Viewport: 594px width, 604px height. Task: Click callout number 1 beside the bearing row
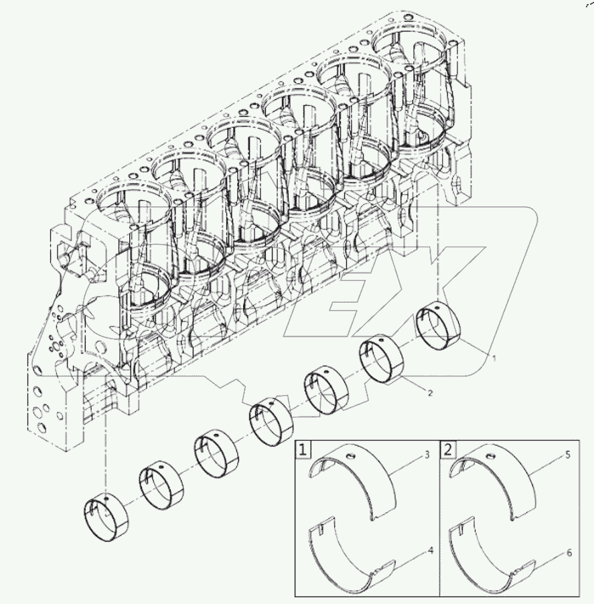click(x=494, y=359)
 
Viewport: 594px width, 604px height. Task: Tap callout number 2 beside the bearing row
click(x=430, y=394)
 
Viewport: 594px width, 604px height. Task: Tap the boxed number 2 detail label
click(x=447, y=449)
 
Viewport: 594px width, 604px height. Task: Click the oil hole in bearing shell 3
click(x=348, y=457)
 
